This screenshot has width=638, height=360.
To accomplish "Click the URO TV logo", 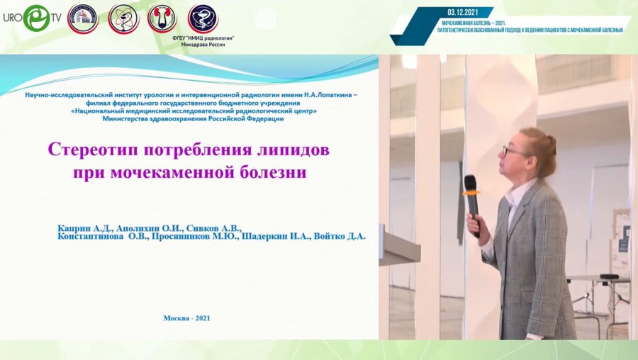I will [x=31, y=18].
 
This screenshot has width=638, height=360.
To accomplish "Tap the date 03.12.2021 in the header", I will [x=465, y=12].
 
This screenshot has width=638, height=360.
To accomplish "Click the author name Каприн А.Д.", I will [x=82, y=228].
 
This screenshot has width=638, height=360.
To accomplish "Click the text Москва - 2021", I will [x=186, y=317].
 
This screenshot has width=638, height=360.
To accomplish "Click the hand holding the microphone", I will [x=474, y=225].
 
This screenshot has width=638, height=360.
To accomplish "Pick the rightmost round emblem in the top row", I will [x=203, y=17].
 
